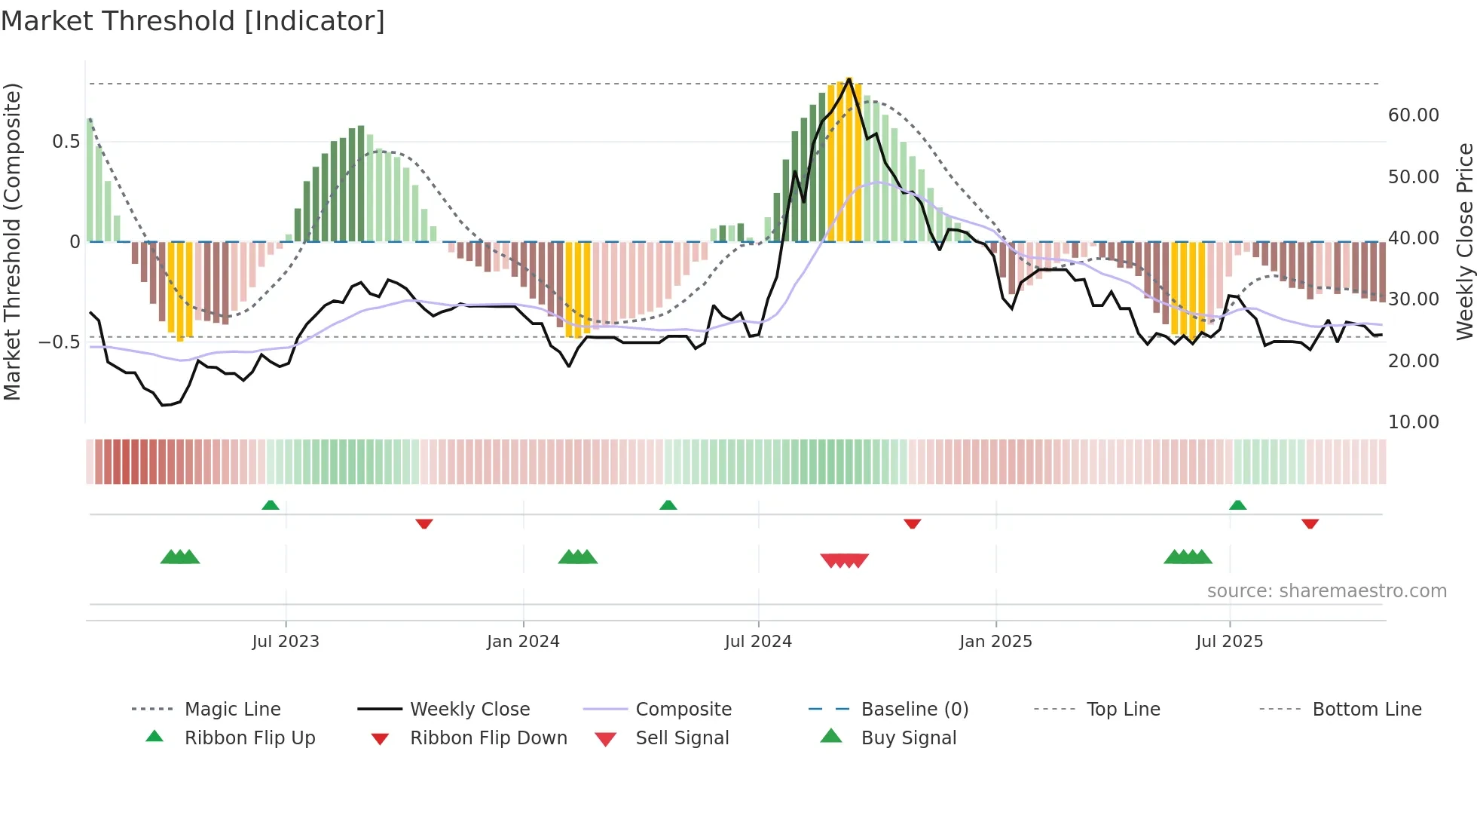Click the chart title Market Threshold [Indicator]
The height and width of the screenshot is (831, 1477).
193,21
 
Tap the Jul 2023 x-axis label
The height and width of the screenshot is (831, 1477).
286,642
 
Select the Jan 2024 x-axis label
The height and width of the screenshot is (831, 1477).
523,642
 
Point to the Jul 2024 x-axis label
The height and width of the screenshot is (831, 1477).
758,642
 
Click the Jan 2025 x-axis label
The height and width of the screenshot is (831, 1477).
995,642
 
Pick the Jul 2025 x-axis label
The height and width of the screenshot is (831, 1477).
1229,642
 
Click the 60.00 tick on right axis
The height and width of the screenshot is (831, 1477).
1413,115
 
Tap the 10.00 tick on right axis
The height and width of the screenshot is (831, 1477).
1413,422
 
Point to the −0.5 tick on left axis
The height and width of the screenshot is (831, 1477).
59,342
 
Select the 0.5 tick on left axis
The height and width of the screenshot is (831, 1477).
66,142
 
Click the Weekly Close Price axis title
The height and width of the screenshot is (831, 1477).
1464,241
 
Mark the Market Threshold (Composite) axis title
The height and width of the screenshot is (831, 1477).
12,241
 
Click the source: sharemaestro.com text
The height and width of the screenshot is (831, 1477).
1326,591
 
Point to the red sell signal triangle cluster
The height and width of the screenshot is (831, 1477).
844,560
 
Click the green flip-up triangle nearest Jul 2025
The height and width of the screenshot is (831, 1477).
1237,505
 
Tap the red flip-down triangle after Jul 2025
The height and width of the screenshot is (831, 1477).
1310,523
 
